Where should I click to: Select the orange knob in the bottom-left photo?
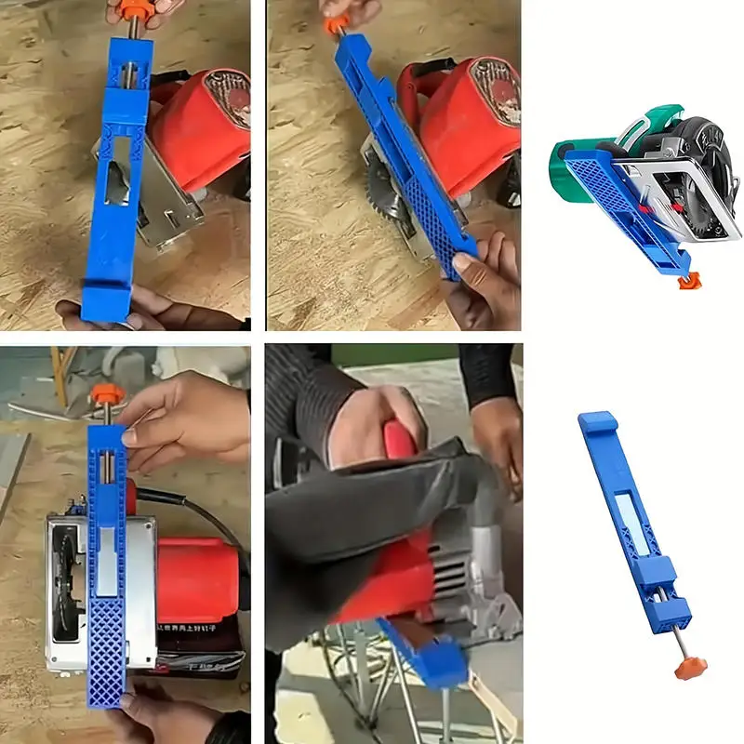(x=104, y=393)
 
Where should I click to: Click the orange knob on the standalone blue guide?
(x=690, y=666)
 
